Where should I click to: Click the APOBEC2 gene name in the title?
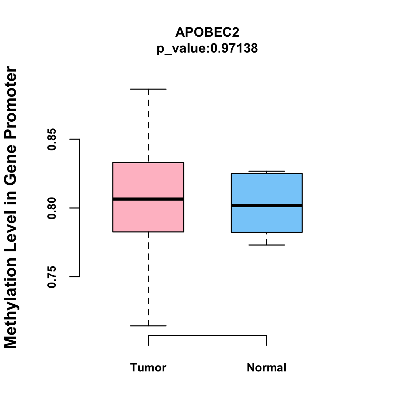tap(207, 32)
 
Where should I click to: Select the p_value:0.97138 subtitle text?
tap(207, 48)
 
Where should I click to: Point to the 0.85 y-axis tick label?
tap(52, 139)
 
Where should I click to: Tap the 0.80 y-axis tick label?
tap(52, 208)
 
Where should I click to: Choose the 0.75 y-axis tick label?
tap(52, 277)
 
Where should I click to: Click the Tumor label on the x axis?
tap(148, 368)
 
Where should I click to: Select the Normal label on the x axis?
tap(267, 368)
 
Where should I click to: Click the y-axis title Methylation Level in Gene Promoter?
tap(10, 207)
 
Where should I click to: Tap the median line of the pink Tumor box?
tap(148, 199)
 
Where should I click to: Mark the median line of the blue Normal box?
tap(267, 205)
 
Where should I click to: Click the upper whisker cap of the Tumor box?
tap(148, 89)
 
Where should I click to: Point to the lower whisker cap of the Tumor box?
tap(148, 326)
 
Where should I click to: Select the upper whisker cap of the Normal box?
tap(267, 171)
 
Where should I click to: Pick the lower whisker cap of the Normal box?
tap(267, 245)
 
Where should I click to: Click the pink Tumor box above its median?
tap(148, 180)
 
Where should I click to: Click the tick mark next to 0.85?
tap(74, 139)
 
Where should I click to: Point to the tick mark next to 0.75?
tap(74, 277)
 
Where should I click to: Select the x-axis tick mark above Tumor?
tap(148, 341)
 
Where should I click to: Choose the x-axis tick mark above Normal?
tap(267, 341)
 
